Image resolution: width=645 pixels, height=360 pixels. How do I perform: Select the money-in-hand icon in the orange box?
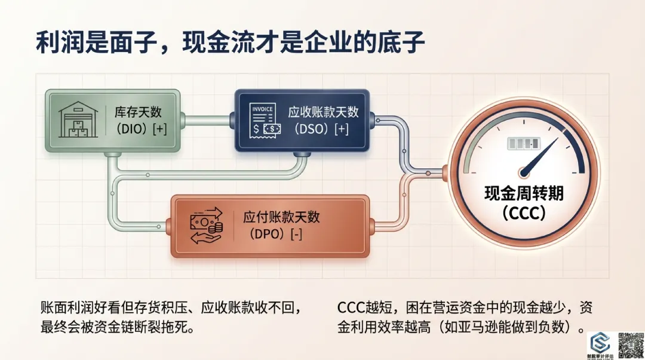coord(206,226)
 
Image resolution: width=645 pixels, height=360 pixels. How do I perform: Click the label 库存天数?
coord(138,112)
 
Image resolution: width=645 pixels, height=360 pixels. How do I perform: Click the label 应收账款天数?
coord(323,112)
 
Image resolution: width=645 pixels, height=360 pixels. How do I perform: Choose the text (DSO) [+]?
coord(318,129)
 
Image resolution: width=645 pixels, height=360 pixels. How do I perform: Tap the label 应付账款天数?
coord(281,217)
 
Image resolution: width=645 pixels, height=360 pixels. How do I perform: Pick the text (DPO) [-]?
coord(273,234)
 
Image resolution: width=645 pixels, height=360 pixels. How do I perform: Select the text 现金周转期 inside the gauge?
coord(523,193)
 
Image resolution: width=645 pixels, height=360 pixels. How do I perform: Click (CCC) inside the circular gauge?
coord(524,213)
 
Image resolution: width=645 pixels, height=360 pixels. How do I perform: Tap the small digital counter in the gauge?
coord(523,144)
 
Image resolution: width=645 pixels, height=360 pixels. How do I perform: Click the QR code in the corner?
coord(629,344)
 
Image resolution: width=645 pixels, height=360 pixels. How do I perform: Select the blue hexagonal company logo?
coord(598,342)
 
